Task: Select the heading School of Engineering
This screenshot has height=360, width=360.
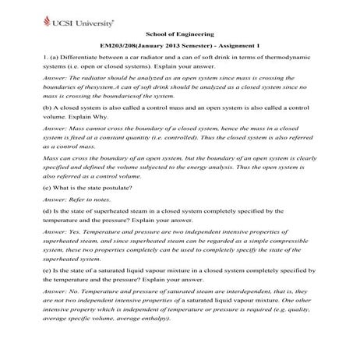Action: tap(178, 34)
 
